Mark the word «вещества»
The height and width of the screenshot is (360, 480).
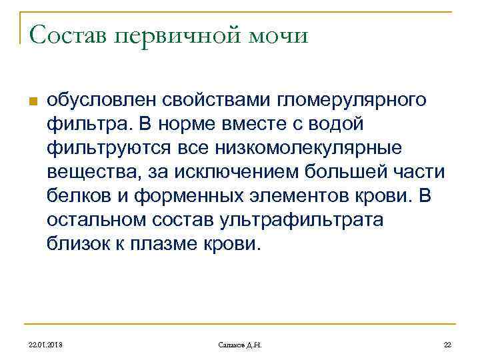pos(85,172)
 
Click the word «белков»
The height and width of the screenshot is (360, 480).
pos(74,196)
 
